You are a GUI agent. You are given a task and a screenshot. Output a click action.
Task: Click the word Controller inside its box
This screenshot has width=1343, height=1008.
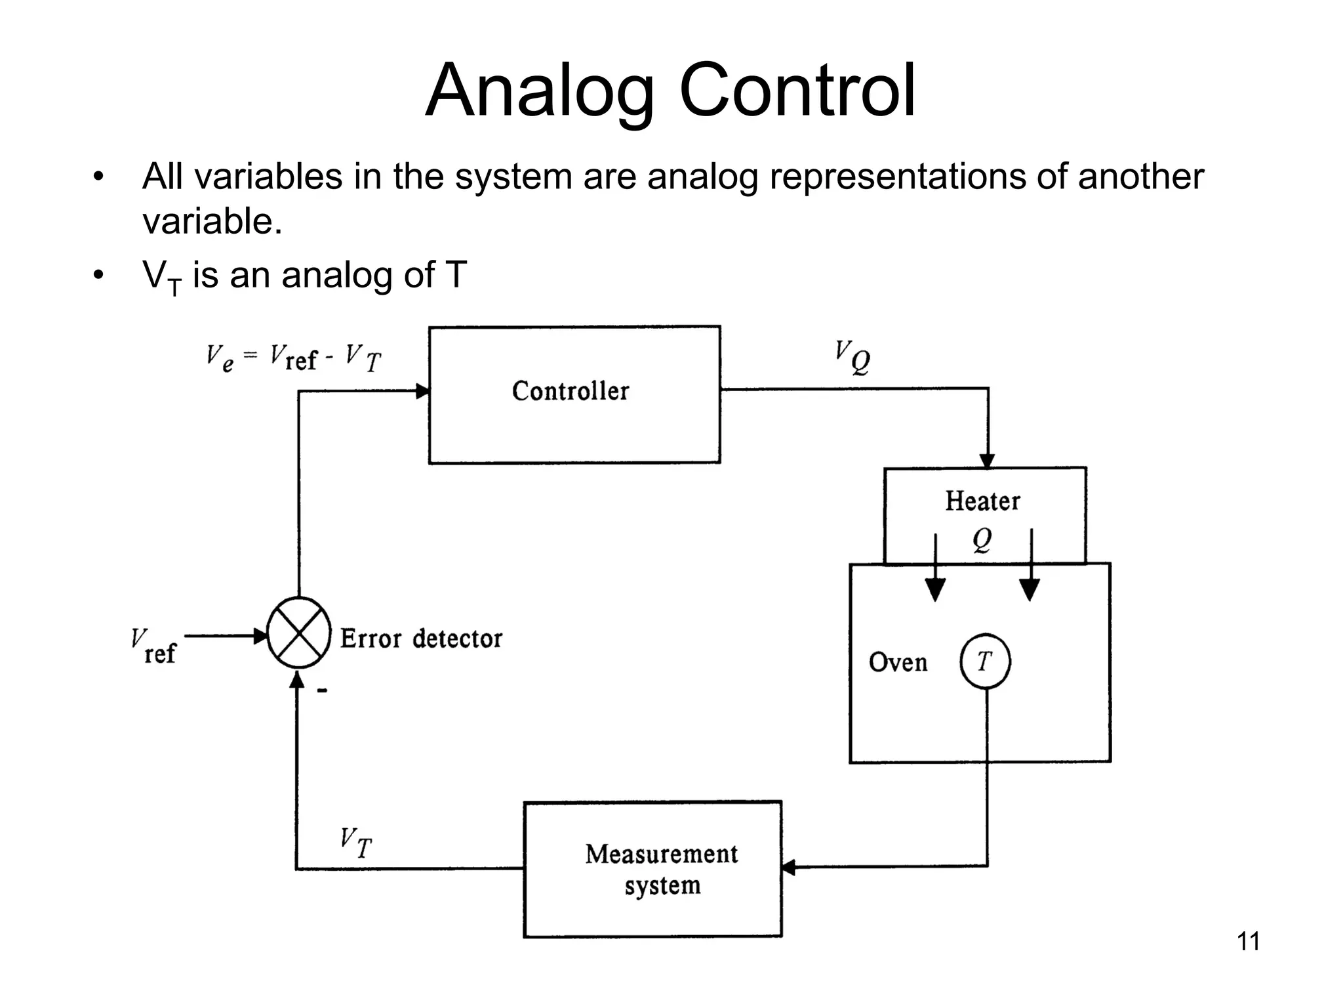[x=570, y=391]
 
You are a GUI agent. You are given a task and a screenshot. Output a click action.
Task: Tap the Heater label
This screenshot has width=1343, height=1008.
[x=982, y=501]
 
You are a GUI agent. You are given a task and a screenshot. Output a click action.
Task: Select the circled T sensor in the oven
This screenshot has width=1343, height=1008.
[x=985, y=661]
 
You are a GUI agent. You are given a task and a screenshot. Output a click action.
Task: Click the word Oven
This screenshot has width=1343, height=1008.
[x=898, y=662]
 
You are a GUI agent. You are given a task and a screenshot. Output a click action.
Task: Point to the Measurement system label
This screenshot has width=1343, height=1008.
[x=662, y=869]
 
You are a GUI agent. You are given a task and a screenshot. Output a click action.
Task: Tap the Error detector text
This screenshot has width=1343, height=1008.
[x=421, y=639]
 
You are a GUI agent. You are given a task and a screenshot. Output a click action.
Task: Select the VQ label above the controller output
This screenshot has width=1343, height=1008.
[x=852, y=358]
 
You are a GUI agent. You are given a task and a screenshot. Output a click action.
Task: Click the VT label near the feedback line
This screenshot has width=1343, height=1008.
[x=356, y=842]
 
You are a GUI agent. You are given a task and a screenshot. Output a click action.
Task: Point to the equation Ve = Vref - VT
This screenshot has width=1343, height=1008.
[x=293, y=358]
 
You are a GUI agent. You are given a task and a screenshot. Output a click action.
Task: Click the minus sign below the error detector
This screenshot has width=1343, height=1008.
[x=322, y=690]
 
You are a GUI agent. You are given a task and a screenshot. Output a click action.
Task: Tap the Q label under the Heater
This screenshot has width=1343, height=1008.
[x=982, y=541]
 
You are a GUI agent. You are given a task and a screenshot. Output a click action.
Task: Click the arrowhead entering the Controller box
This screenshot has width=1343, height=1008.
[x=422, y=392]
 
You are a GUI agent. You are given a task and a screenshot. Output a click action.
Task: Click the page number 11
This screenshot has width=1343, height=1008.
[x=1248, y=942]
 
